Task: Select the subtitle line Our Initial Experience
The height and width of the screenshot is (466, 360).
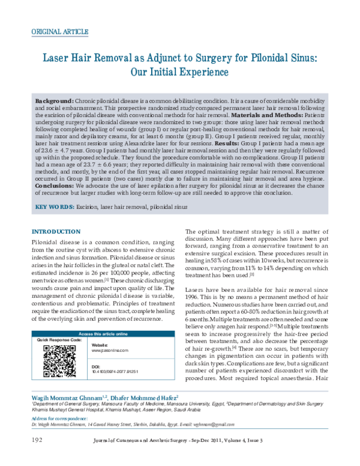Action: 180,73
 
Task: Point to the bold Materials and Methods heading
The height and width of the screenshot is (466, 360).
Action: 267,114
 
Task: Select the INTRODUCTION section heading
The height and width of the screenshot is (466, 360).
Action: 56,232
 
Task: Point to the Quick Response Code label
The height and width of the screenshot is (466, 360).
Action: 59,340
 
